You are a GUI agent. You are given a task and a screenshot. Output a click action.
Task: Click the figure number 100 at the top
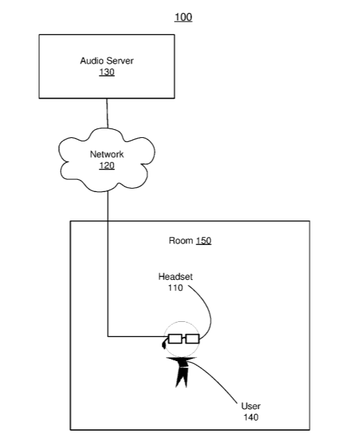[183, 17]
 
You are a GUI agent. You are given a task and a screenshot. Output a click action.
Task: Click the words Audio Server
[107, 61]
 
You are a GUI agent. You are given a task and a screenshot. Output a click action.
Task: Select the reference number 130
[107, 72]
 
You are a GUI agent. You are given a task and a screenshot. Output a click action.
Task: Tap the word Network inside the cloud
[107, 154]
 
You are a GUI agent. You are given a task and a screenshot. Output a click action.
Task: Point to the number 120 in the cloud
[107, 166]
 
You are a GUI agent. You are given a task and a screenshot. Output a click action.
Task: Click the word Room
[181, 241]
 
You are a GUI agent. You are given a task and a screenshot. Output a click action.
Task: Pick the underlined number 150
[204, 241]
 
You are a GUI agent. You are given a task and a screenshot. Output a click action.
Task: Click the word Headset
[175, 277]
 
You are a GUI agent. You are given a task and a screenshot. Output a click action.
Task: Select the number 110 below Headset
[175, 287]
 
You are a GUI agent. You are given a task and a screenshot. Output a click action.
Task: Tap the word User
[251, 406]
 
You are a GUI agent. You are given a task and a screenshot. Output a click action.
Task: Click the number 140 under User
[251, 417]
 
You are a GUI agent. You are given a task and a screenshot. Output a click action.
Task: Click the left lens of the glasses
[175, 339]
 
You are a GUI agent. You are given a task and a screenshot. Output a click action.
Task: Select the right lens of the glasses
[192, 339]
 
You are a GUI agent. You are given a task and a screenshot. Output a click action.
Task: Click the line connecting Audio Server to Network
[108, 113]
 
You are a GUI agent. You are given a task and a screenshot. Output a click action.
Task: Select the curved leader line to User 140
[214, 379]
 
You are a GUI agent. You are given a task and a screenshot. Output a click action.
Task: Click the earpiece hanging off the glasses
[164, 344]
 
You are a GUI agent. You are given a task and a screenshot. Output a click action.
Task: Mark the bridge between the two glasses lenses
[183, 338]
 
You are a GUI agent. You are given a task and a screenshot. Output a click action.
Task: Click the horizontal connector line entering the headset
[136, 336]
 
